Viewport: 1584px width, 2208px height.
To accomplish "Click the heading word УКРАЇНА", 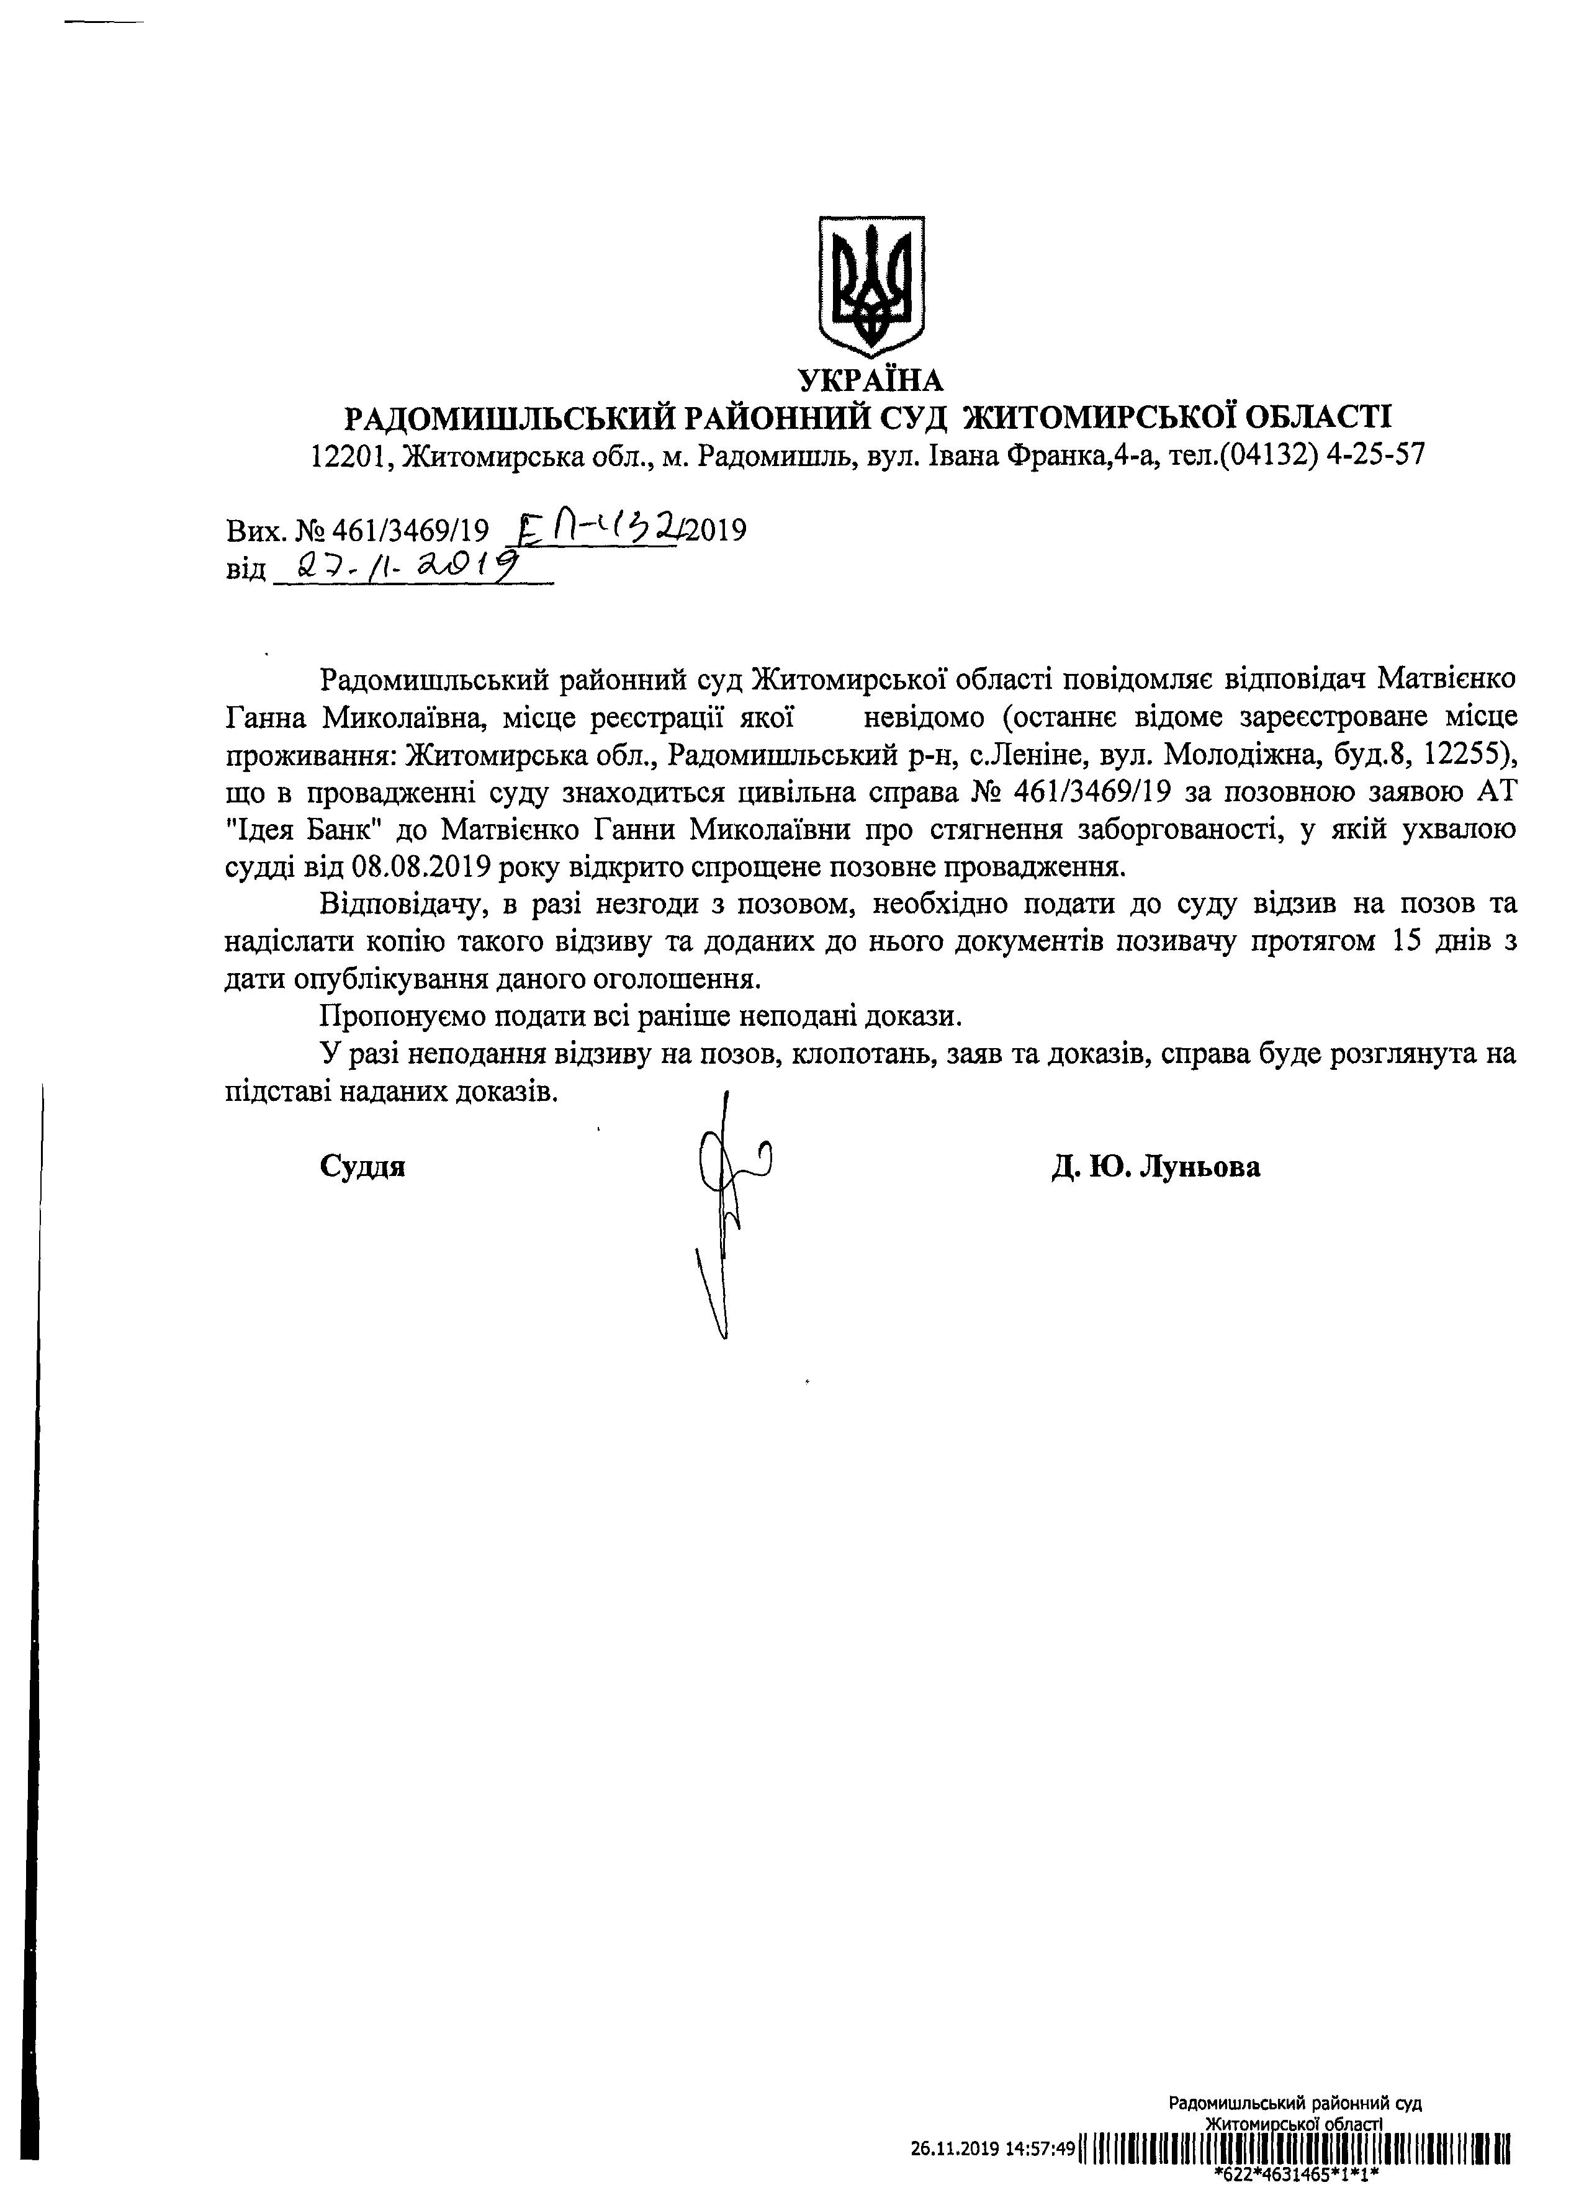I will click(870, 379).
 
